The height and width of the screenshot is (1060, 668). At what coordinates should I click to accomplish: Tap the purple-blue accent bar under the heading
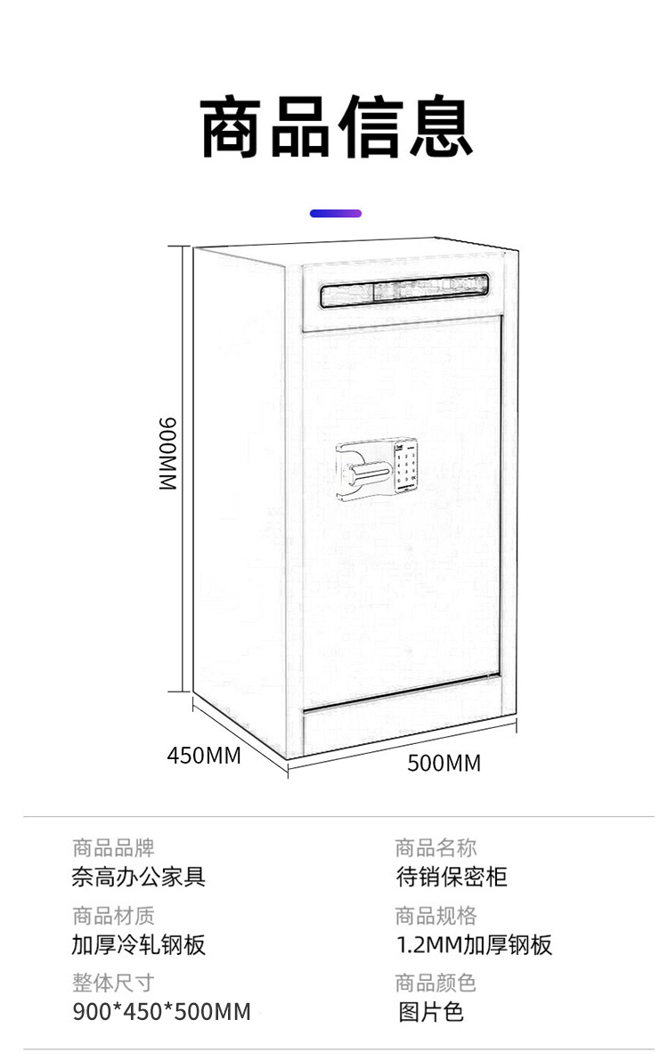(336, 214)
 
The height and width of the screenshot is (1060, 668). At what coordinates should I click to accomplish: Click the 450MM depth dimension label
(204, 756)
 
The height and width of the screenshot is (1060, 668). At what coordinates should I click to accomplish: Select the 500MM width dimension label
(444, 763)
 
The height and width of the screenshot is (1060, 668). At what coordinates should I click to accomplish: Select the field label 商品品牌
(113, 847)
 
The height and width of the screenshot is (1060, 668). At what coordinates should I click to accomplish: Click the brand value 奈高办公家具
(138, 877)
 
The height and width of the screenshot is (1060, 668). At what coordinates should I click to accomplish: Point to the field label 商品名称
(436, 847)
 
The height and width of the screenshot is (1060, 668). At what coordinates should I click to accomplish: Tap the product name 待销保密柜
(452, 877)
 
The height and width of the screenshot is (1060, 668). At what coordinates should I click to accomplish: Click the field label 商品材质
(113, 915)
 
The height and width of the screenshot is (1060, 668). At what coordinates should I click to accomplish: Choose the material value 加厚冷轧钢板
(138, 944)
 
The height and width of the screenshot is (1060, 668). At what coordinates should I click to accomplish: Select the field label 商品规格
(436, 915)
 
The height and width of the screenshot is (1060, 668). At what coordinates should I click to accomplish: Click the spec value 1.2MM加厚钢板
(474, 944)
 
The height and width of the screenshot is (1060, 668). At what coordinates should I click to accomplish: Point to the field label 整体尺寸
(113, 983)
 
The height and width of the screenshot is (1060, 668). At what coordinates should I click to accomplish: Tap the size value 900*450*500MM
(161, 1012)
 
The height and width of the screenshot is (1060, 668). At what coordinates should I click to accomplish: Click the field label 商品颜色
(436, 983)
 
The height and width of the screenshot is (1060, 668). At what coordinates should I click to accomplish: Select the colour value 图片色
(430, 1012)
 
